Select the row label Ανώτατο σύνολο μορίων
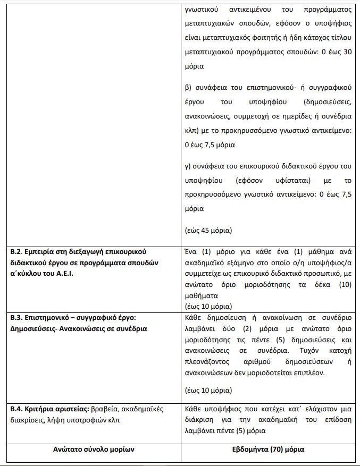point(93,449)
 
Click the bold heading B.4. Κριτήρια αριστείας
point(48,410)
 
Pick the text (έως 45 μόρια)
point(208,231)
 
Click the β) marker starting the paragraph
point(188,87)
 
